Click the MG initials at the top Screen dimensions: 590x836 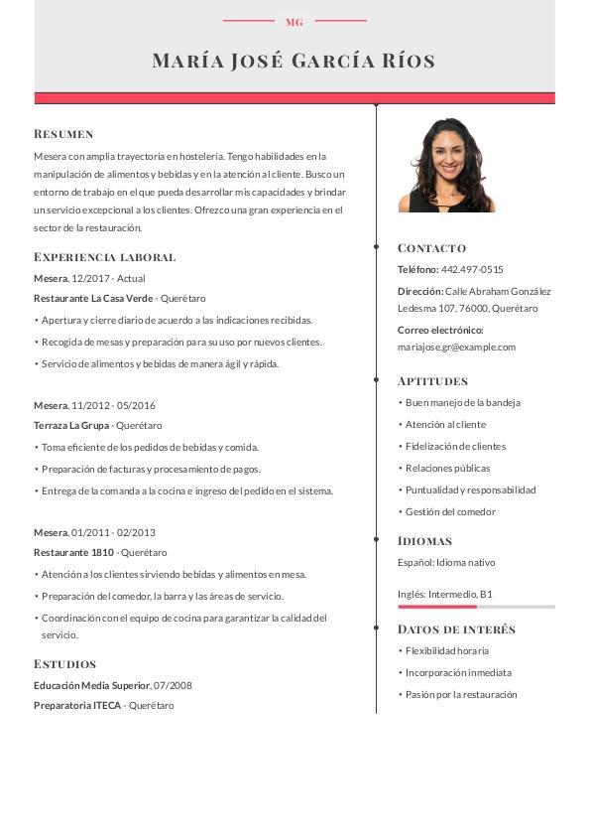[x=295, y=22]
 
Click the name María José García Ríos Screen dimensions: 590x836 [x=294, y=61]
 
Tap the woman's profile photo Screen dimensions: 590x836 [x=446, y=165]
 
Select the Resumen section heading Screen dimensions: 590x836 [x=63, y=134]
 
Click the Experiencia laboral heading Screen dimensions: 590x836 [x=104, y=257]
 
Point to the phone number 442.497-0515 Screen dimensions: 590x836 [x=472, y=269]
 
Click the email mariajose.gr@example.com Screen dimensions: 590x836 [x=456, y=348]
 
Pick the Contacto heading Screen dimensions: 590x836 [x=431, y=248]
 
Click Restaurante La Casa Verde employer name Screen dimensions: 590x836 [x=93, y=298]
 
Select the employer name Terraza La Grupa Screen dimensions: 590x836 [x=71, y=425]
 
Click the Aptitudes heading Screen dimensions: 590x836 [x=432, y=381]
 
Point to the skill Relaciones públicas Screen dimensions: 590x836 [x=447, y=468]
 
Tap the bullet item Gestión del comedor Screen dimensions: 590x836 [x=450, y=511]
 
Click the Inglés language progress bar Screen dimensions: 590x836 [x=476, y=606]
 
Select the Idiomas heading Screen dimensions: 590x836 [x=424, y=541]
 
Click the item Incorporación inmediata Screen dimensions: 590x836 [x=458, y=672]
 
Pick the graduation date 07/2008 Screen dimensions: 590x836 [x=174, y=685]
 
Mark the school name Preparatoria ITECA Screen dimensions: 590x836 [x=77, y=705]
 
